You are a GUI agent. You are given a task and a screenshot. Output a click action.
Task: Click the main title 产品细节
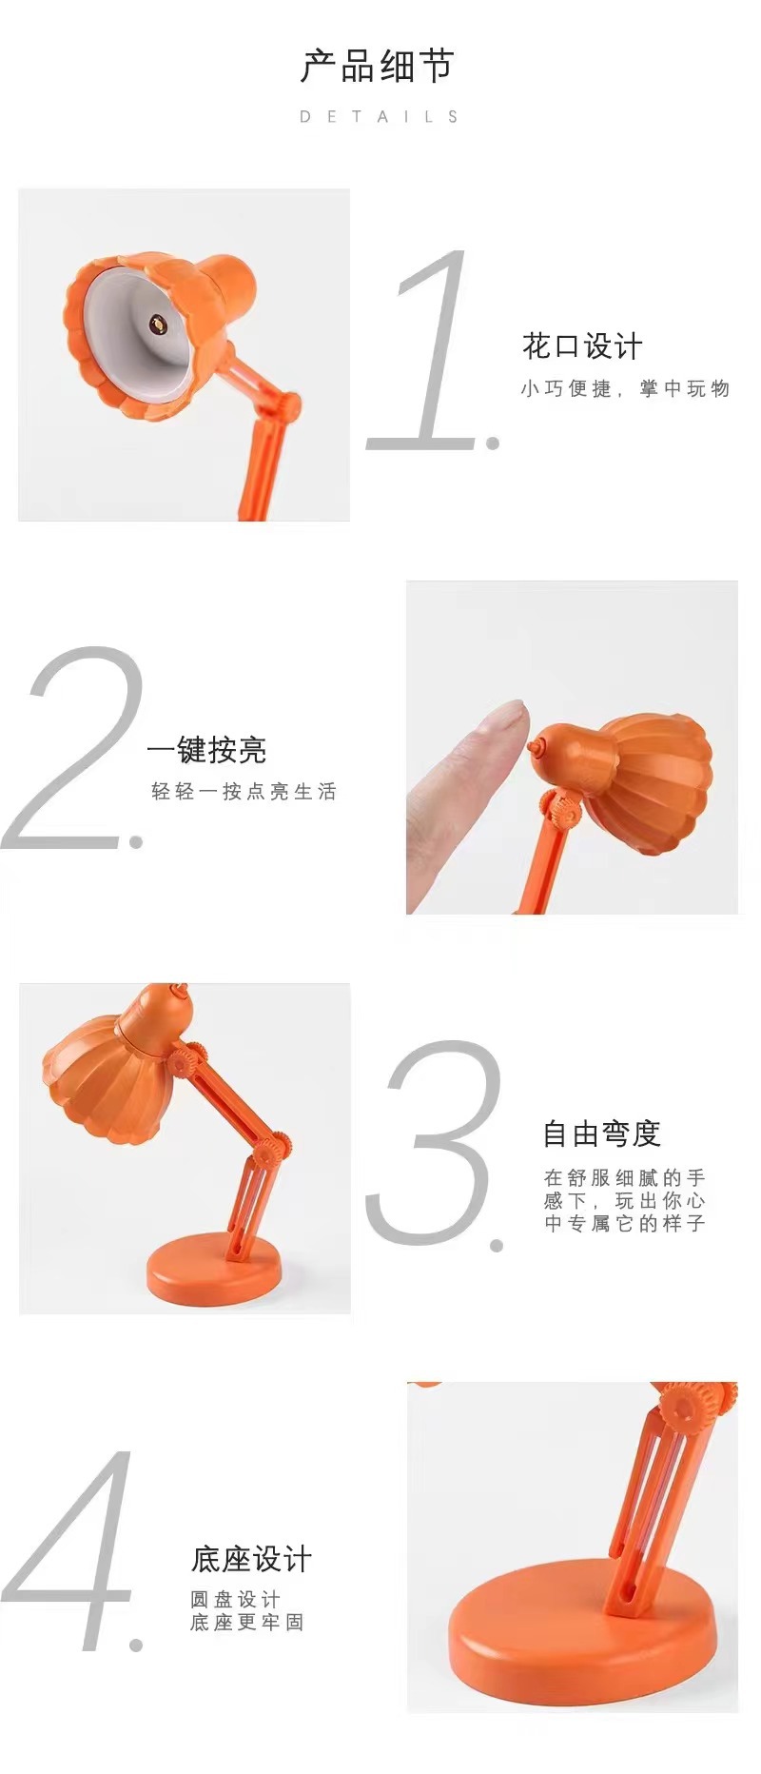(378, 67)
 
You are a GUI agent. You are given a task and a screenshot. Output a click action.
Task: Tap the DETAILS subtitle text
(380, 117)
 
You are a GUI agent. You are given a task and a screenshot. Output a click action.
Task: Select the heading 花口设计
(582, 346)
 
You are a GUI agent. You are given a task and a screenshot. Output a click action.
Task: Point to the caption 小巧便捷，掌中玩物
(625, 388)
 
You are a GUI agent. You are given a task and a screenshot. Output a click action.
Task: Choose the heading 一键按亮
(206, 750)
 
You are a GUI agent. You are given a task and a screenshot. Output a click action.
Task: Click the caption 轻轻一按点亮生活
(244, 791)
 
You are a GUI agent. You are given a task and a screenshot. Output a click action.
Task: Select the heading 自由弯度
(601, 1133)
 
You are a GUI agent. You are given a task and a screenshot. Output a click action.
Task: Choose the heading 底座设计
(251, 1559)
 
